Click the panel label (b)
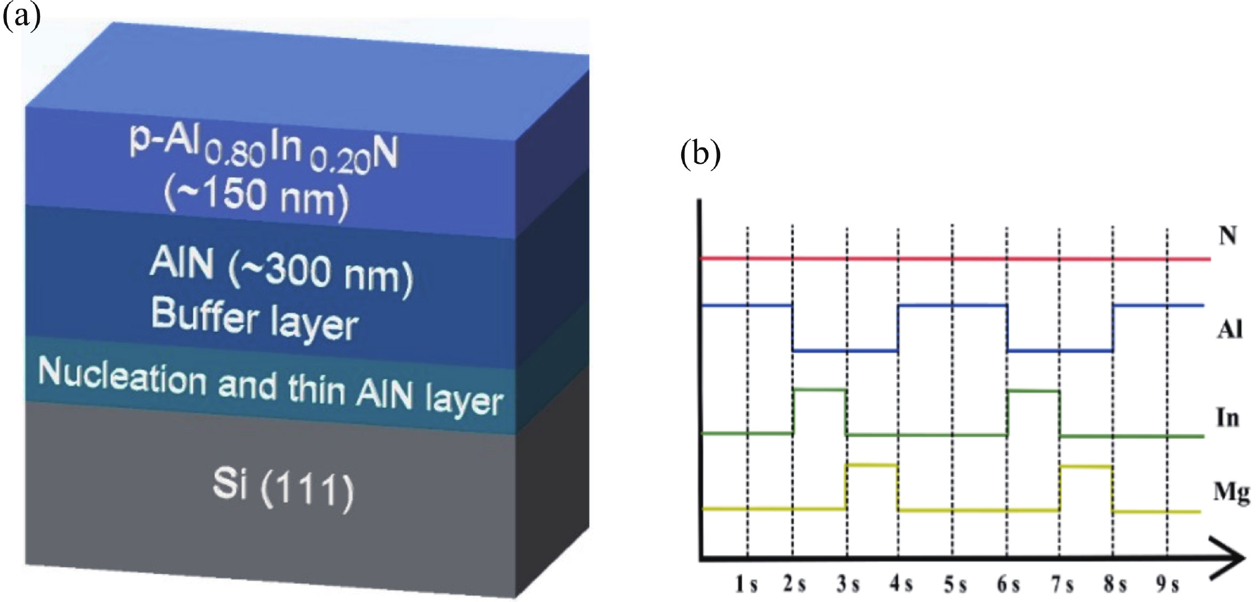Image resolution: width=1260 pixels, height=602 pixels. [701, 154]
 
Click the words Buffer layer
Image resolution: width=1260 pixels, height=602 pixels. [255, 319]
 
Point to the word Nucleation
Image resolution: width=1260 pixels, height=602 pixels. [122, 378]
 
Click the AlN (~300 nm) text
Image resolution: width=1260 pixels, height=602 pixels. [282, 271]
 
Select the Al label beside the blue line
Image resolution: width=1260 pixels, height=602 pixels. [1230, 330]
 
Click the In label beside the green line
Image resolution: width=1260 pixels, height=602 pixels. [1227, 418]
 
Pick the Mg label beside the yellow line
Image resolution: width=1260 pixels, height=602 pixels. [1232, 493]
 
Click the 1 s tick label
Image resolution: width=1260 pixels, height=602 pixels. [746, 585]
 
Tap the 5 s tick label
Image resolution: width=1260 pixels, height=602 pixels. [955, 585]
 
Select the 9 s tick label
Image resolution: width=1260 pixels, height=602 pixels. [1167, 585]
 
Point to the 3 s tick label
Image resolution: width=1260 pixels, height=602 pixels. [848, 585]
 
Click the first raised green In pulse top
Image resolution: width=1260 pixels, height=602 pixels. [820, 390]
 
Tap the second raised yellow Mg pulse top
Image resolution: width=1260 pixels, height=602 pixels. [1086, 466]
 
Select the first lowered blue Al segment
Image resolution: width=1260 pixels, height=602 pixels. [846, 351]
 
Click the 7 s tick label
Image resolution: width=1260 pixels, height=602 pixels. [1062, 585]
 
